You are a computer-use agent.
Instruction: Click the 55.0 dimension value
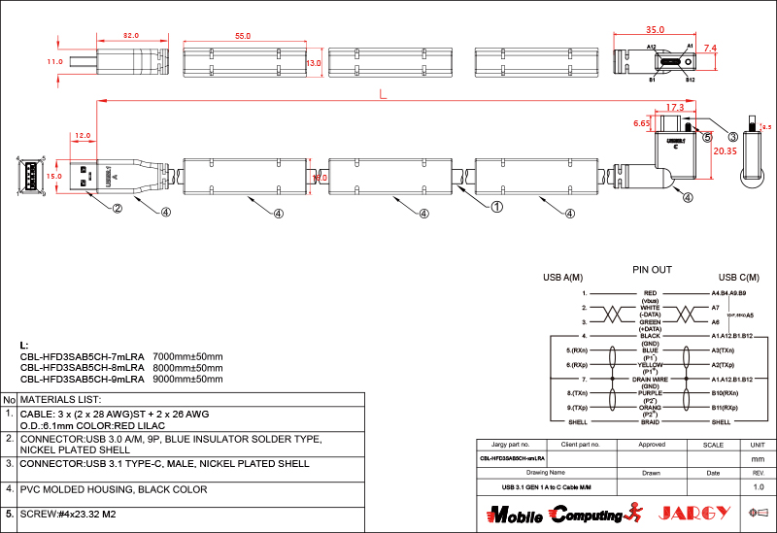243,36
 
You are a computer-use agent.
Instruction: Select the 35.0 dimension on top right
655,29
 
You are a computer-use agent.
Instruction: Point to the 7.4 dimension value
710,48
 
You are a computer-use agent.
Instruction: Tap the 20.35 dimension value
725,151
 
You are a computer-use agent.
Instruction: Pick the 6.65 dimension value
641,124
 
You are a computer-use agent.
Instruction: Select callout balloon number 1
496,207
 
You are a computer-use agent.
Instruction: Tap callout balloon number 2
117,208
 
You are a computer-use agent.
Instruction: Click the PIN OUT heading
652,269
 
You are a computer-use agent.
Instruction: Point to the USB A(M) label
560,279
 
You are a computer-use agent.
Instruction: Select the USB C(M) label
737,278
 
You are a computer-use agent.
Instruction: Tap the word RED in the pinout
650,292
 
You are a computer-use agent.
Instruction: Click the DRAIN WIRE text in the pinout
650,379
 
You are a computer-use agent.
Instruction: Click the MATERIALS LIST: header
60,399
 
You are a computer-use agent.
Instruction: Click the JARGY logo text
693,513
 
